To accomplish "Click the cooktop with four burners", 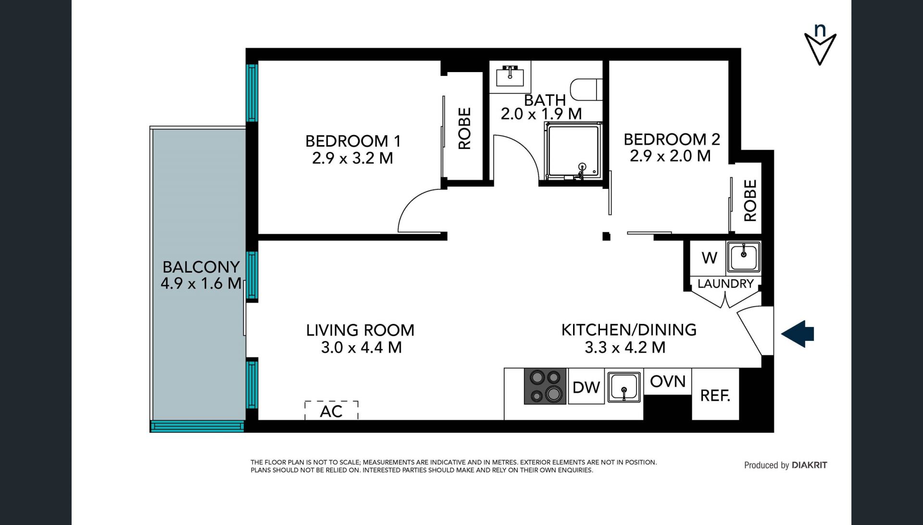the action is click(x=545, y=386).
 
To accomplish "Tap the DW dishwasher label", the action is click(x=586, y=387).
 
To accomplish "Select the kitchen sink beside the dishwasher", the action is click(x=624, y=387).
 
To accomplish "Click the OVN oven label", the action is click(x=668, y=382).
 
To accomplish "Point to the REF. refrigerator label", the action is click(x=715, y=396).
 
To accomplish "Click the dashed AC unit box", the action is click(x=332, y=410).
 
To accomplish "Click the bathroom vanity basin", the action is click(x=510, y=76).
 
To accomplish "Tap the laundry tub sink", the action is click(x=743, y=257).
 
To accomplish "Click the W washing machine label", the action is click(x=710, y=258).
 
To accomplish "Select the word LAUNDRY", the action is click(x=725, y=284).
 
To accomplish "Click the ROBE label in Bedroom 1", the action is click(x=464, y=128).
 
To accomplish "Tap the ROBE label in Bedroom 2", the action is click(x=750, y=200).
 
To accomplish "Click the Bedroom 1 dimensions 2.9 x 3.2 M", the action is click(x=352, y=158).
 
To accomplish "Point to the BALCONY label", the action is click(x=201, y=267).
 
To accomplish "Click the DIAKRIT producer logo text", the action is click(x=810, y=465).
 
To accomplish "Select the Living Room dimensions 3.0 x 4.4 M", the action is click(x=361, y=347).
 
